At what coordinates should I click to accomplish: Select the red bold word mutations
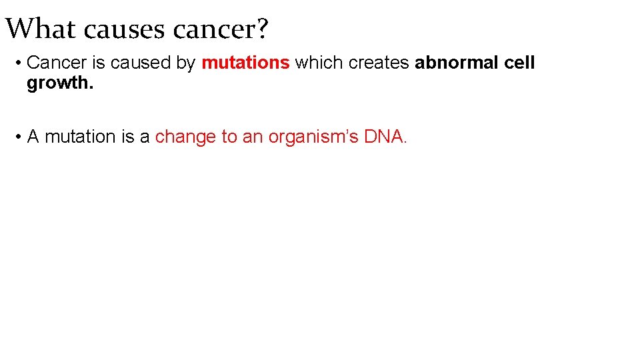tap(245, 63)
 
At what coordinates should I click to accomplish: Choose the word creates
tap(379, 63)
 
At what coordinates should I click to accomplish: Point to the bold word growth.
tap(60, 83)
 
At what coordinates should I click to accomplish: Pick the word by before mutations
tap(186, 63)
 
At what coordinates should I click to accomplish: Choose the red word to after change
tap(229, 137)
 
